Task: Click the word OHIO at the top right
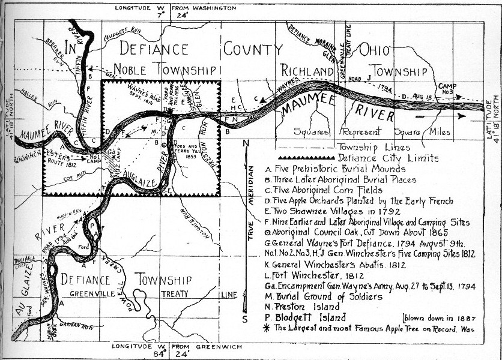coord(373,49)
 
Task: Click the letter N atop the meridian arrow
coord(246,143)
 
